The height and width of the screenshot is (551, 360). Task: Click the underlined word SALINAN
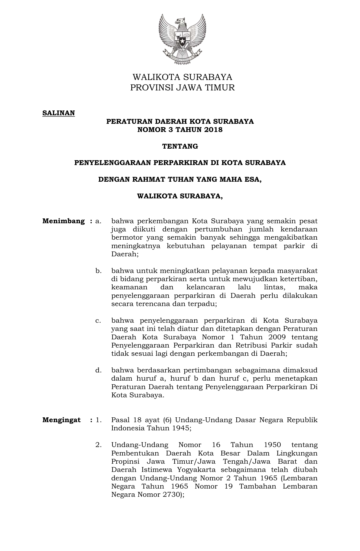(58, 113)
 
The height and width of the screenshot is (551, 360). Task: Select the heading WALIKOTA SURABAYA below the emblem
(182, 77)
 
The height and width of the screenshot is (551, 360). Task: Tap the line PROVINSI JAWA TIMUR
(182, 88)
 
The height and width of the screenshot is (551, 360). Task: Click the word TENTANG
(180, 146)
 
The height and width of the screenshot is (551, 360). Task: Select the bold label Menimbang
(64, 221)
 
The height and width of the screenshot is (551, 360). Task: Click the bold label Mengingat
(62, 420)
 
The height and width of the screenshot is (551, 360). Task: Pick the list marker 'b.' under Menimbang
(98, 271)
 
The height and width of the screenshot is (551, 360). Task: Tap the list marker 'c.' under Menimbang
(98, 320)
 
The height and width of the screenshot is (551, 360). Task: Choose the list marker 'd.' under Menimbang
(98, 370)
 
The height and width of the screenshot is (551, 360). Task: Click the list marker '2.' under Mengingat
(98, 445)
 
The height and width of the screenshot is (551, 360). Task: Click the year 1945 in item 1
(180, 428)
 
